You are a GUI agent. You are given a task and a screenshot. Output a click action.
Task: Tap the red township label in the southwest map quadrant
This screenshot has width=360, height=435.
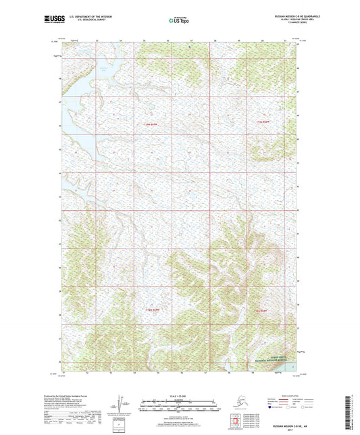point(153,309)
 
